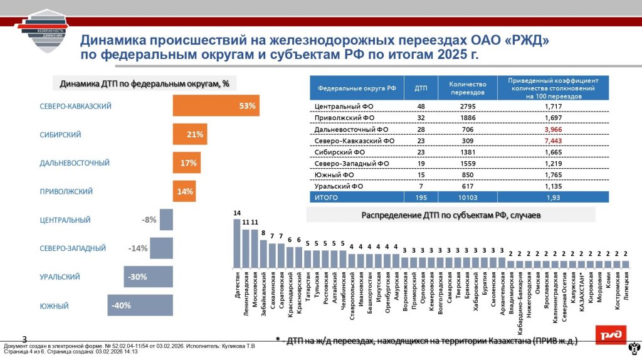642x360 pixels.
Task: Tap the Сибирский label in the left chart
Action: [x=60, y=135]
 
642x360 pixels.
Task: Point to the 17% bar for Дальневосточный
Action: [x=186, y=163]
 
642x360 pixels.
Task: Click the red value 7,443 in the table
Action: [x=552, y=140]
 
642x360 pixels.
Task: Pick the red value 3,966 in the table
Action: [x=552, y=129]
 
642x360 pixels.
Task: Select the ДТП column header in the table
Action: [x=421, y=88]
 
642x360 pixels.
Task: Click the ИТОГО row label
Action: [x=325, y=197]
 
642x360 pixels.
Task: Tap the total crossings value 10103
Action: [x=465, y=197]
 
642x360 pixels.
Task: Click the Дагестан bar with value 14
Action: [x=237, y=243]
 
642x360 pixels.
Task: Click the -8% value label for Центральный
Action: [x=149, y=220]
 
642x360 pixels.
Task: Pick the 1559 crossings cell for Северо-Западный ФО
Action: [x=465, y=163]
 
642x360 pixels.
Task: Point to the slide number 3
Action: [x=25, y=339]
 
